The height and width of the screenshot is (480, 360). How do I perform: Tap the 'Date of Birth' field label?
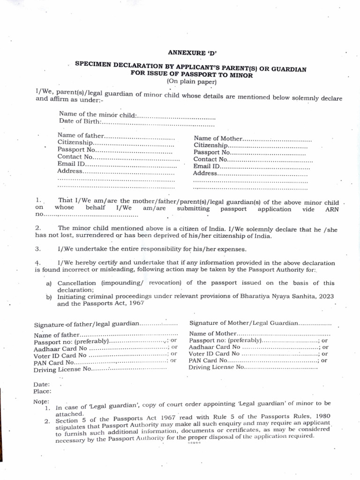click(x=80, y=122)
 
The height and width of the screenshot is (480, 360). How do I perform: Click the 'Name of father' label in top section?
click(x=80, y=136)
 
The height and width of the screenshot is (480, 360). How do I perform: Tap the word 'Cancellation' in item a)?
click(x=76, y=283)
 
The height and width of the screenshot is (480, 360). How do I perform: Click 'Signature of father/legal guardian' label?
click(x=87, y=324)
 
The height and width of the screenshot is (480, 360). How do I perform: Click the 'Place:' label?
click(x=42, y=391)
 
